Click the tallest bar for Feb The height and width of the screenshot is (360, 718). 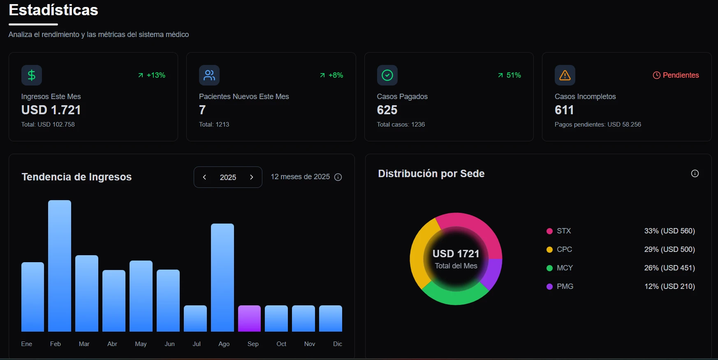click(60, 266)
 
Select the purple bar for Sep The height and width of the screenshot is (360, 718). click(249, 318)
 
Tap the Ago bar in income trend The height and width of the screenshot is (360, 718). click(222, 277)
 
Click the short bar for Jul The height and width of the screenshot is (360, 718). click(195, 318)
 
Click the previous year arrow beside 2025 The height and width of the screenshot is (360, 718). click(204, 177)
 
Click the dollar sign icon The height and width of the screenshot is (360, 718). click(32, 75)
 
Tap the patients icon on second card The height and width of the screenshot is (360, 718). click(209, 75)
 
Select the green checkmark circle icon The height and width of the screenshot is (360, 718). click(387, 75)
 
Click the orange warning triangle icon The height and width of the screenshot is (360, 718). click(565, 75)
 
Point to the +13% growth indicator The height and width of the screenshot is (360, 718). click(152, 75)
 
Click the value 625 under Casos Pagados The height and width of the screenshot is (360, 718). click(387, 110)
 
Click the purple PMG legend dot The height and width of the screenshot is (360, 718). click(549, 286)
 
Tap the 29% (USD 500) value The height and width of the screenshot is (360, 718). click(669, 249)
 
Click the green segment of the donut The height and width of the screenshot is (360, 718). click(454, 297)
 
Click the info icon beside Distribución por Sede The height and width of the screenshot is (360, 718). click(695, 173)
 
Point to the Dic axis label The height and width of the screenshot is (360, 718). click(338, 344)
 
